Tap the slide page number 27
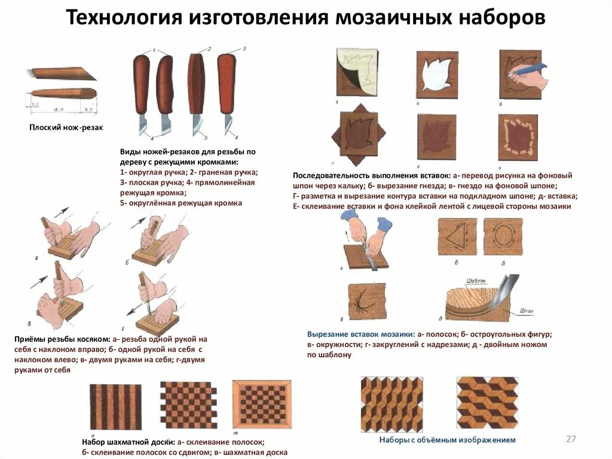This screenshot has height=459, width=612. [571, 439]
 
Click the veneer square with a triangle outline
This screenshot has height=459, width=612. [457, 237]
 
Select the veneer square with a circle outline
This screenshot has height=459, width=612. [503, 237]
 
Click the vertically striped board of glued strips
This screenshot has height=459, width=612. [115, 407]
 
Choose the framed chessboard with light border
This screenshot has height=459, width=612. [261, 405]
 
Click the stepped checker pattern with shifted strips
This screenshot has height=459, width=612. [188, 405]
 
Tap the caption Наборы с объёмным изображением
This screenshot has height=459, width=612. [447, 440]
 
